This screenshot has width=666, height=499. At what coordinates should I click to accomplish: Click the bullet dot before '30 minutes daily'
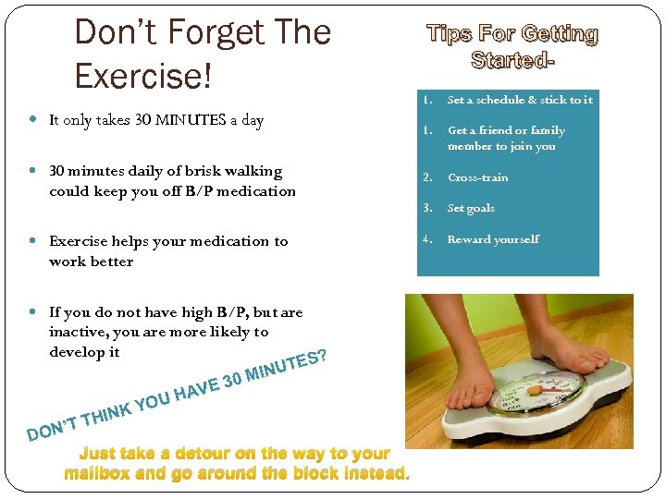click(33, 171)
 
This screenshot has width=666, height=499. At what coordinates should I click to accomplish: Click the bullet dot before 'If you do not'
click(33, 312)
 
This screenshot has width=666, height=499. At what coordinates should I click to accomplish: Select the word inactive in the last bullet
click(78, 332)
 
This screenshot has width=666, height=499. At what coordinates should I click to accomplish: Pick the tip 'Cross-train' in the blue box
click(477, 177)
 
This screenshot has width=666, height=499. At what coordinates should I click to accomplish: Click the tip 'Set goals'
click(471, 209)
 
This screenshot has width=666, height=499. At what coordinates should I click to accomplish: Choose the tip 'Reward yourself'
click(493, 240)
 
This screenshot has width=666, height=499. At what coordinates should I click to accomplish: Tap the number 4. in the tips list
click(427, 240)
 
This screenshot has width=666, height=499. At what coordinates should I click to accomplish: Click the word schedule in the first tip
click(500, 100)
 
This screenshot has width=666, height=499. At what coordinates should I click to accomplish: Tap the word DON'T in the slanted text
click(52, 427)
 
